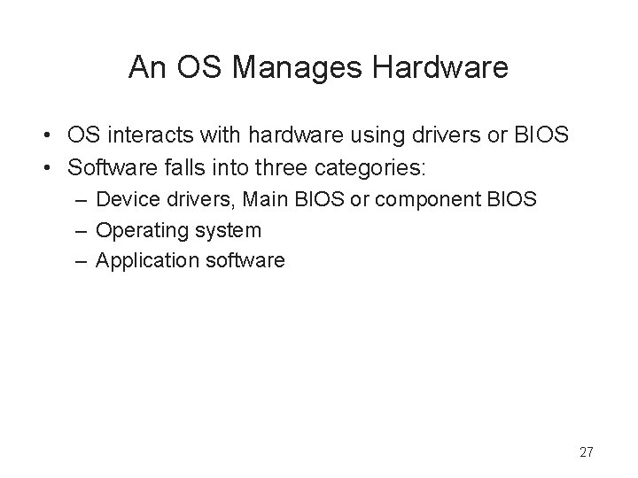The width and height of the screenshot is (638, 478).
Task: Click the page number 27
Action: tap(586, 452)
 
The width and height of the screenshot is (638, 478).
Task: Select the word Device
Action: tap(124, 200)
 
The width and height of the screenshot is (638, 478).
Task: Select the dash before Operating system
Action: tap(81, 230)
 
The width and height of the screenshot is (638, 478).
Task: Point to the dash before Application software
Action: tap(81, 260)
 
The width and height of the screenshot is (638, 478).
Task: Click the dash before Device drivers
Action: tap(81, 200)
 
